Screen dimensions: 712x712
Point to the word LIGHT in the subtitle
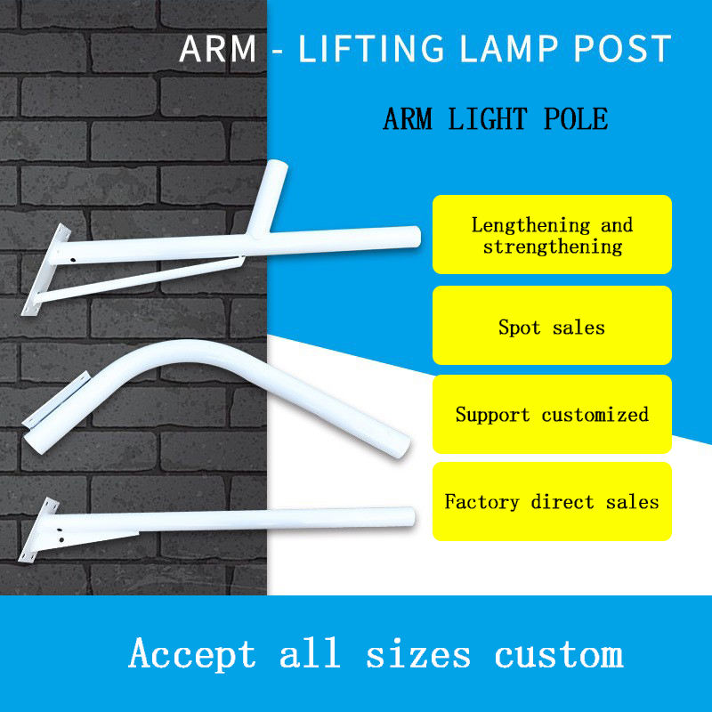(x=485, y=118)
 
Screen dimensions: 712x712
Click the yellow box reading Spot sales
(x=552, y=326)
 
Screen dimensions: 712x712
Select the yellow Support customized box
(x=552, y=415)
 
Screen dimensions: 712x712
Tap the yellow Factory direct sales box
(x=552, y=501)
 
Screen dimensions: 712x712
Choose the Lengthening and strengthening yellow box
(x=552, y=235)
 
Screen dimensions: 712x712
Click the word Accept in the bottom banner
(x=192, y=654)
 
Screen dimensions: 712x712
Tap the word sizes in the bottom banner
(x=418, y=654)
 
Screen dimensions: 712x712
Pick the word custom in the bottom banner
(x=559, y=654)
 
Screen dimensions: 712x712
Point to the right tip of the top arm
(x=414, y=236)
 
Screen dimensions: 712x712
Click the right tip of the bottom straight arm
(x=410, y=518)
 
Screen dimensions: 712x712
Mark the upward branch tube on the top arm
(x=271, y=191)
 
